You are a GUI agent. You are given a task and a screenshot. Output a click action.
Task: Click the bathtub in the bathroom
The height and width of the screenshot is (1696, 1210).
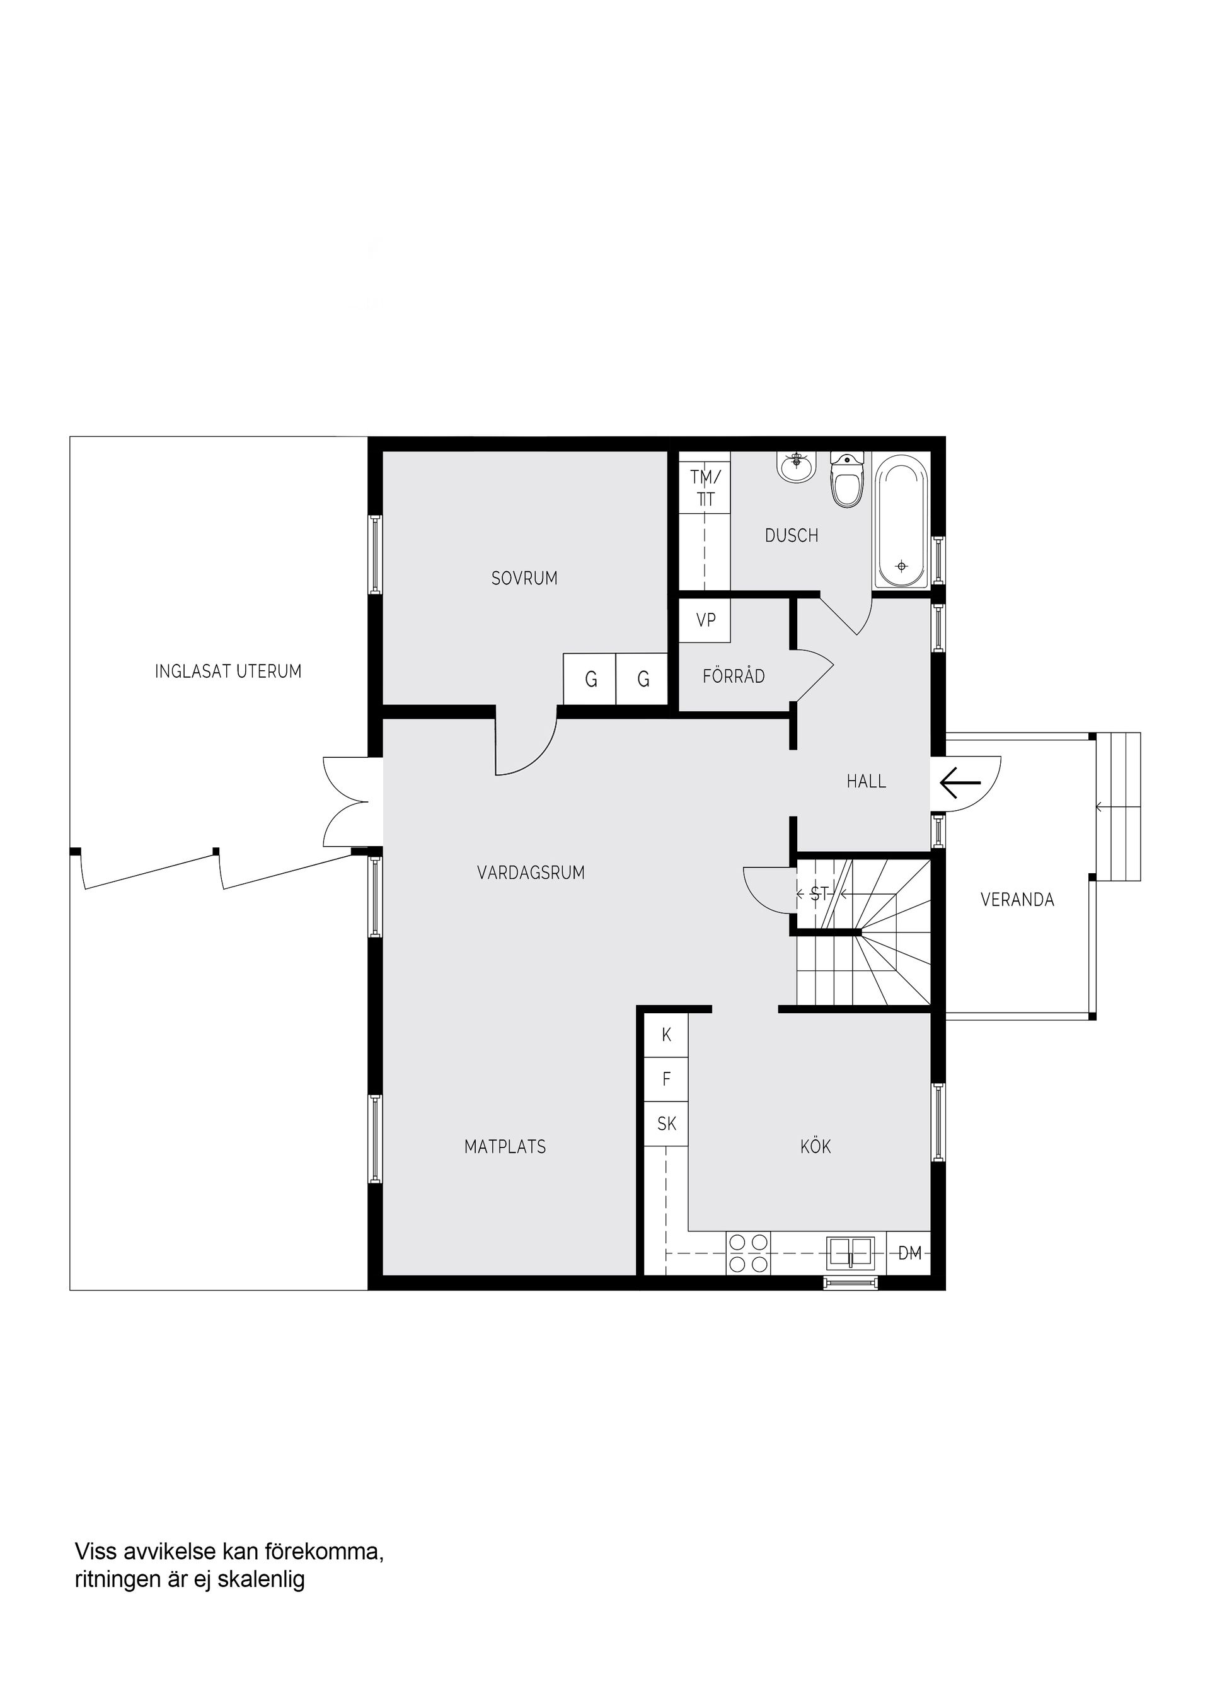[902, 522]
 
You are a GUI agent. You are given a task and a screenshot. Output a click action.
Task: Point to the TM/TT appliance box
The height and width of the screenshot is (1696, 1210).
[705, 487]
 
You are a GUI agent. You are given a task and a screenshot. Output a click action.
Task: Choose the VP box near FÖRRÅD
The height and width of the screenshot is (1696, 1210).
[705, 620]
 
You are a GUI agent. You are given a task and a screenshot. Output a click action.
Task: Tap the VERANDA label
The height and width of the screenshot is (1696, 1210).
[1017, 900]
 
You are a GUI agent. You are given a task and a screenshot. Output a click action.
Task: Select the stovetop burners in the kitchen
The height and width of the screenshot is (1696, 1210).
[748, 1253]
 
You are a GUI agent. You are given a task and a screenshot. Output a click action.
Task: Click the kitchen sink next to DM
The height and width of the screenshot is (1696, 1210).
[850, 1252]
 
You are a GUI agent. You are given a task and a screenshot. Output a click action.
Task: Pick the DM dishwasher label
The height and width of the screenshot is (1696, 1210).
[910, 1253]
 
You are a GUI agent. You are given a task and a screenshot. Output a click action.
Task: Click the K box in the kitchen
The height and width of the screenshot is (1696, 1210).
[666, 1035]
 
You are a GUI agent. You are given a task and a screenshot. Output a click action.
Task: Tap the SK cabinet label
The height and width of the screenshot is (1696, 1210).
[666, 1124]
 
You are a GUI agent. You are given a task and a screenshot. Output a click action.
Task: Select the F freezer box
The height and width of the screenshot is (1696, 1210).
[666, 1079]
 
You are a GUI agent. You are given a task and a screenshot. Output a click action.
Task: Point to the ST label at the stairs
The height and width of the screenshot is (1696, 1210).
[819, 894]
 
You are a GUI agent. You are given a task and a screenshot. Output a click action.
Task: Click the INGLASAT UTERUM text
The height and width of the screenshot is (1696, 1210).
[228, 671]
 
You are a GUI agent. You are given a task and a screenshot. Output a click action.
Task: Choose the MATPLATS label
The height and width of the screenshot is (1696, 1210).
[505, 1147]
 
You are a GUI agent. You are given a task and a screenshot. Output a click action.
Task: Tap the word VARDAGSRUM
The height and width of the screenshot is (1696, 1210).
[531, 872]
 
